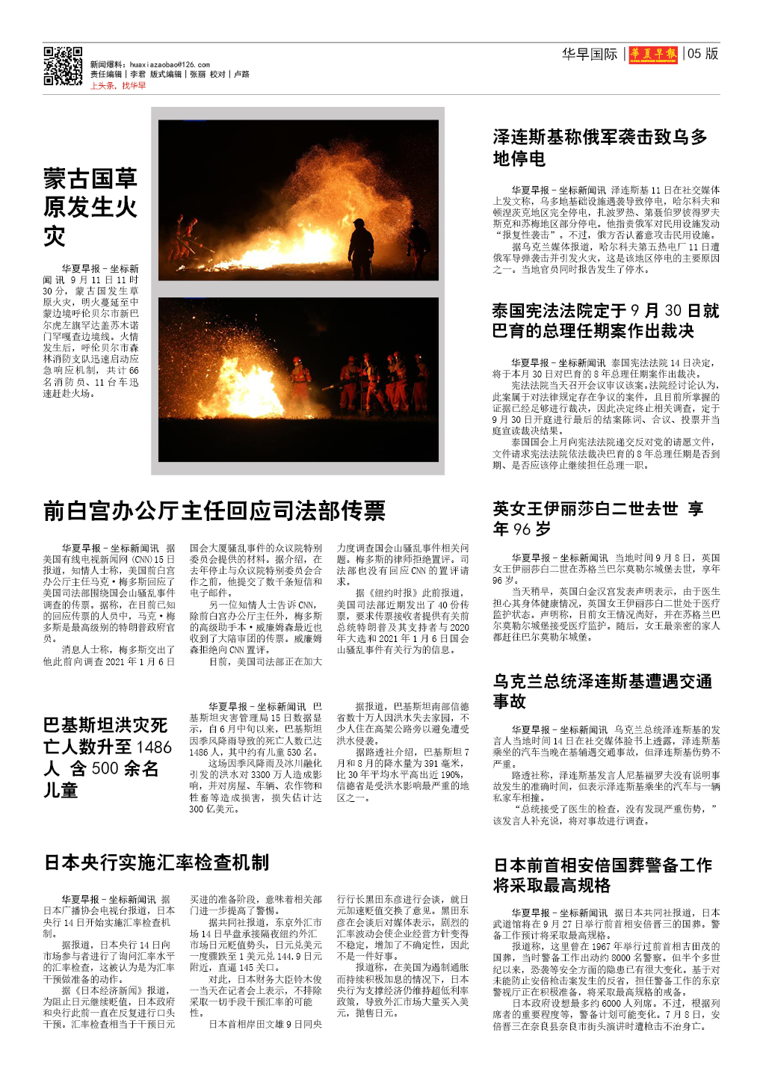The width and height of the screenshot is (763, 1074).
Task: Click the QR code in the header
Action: pyautogui.click(x=63, y=67)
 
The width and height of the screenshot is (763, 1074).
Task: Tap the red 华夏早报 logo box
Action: pyautogui.click(x=654, y=54)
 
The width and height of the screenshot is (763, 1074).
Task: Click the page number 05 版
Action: pyautogui.click(x=702, y=54)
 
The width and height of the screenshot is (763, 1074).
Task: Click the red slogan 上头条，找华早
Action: pyautogui.click(x=118, y=86)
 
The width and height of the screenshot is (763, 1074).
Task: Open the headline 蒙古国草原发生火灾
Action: pyautogui.click(x=90, y=207)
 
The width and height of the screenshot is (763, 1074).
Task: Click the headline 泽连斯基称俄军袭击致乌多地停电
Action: pyautogui.click(x=599, y=147)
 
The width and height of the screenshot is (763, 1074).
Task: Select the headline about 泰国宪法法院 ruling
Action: pyautogui.click(x=605, y=321)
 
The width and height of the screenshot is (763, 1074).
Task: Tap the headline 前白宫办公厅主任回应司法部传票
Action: pyautogui.click(x=214, y=510)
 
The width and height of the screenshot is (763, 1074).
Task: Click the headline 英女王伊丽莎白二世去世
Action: pyautogui.click(x=598, y=519)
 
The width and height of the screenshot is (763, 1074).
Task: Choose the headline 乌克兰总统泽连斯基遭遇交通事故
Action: pyautogui.click(x=602, y=691)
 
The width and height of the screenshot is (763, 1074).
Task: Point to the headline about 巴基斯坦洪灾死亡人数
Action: pyautogui.click(x=107, y=757)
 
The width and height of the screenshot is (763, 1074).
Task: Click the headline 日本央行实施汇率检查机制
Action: pyautogui.click(x=157, y=862)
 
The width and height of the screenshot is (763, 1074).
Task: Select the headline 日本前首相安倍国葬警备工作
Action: pyautogui.click(x=603, y=875)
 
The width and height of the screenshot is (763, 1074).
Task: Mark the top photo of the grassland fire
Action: pyautogui.click(x=298, y=200)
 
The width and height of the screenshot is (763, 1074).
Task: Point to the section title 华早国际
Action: pyautogui.click(x=590, y=54)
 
